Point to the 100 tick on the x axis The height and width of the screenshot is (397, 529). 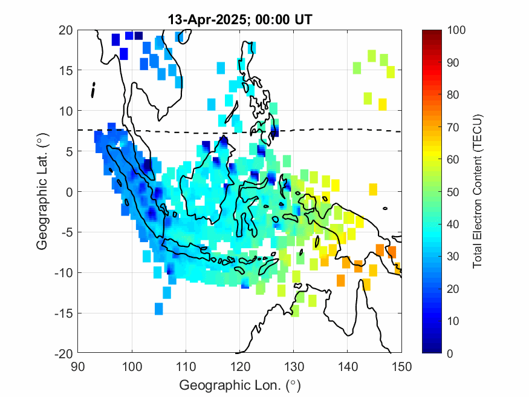[132, 366]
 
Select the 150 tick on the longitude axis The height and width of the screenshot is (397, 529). [402, 366]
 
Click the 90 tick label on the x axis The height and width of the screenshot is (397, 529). [78, 366]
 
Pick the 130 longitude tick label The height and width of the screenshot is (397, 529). [294, 366]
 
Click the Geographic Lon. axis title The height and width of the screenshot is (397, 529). [240, 385]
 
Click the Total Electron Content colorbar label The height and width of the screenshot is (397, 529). [478, 191]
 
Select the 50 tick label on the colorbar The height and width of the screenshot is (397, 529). [453, 192]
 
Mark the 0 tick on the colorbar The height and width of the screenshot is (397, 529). [451, 353]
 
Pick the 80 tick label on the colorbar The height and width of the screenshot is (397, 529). [453, 95]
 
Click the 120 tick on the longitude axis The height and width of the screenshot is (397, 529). [240, 366]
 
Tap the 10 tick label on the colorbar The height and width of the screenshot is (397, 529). [453, 321]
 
